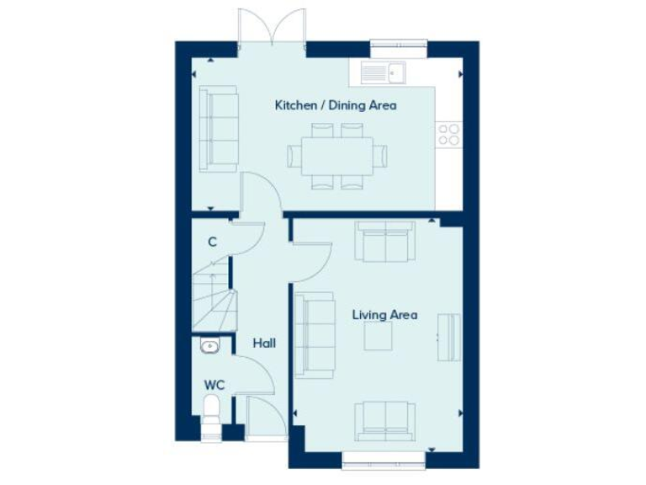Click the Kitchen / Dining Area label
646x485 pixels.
point(336,106)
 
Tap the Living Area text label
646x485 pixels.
point(384,315)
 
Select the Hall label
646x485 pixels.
point(265,344)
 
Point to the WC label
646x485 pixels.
point(214,384)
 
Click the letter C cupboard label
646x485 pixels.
point(212,242)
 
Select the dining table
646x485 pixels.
point(336,156)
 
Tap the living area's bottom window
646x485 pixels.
point(383,458)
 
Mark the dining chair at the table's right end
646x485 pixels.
point(383,156)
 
